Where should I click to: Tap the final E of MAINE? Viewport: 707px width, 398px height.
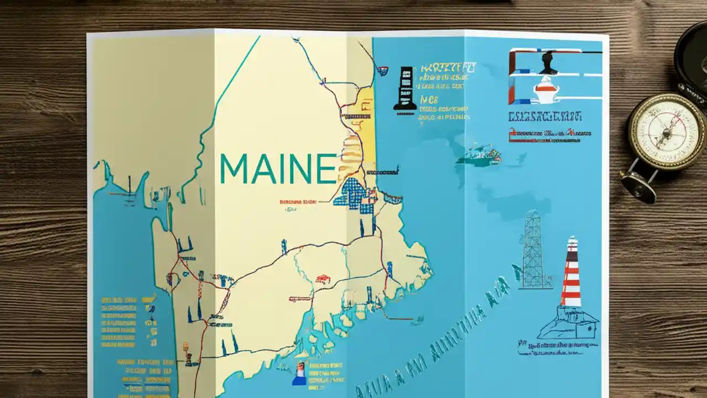(327, 169)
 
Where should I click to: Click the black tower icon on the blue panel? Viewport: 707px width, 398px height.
(405, 88)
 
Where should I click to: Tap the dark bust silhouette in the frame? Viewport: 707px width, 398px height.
(548, 63)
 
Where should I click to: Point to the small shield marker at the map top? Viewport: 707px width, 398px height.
(383, 71)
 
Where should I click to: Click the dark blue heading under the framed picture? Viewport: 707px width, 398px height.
(544, 117)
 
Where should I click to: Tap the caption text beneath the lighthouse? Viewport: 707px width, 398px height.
(558, 348)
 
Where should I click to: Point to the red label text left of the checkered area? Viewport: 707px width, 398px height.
(298, 203)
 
